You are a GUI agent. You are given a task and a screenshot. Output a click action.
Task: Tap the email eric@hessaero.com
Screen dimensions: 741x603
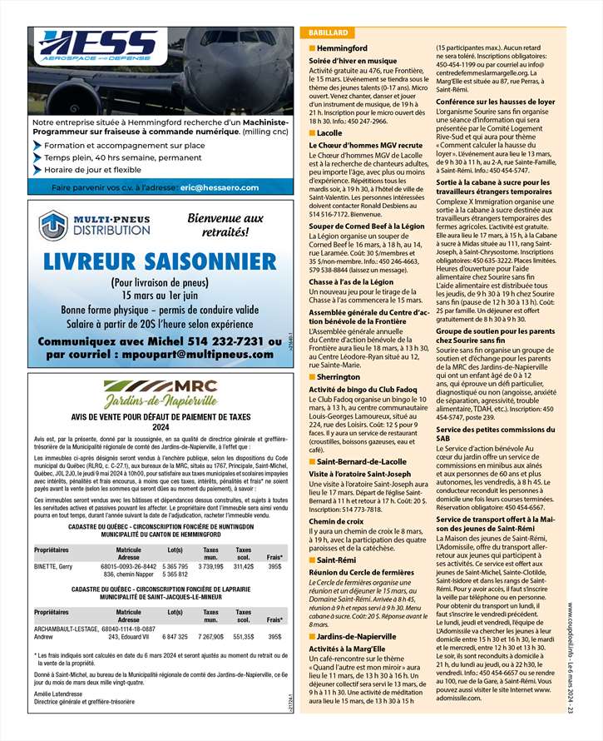tap(219, 187)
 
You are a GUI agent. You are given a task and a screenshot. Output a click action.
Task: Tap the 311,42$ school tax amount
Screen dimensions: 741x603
tap(244, 566)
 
